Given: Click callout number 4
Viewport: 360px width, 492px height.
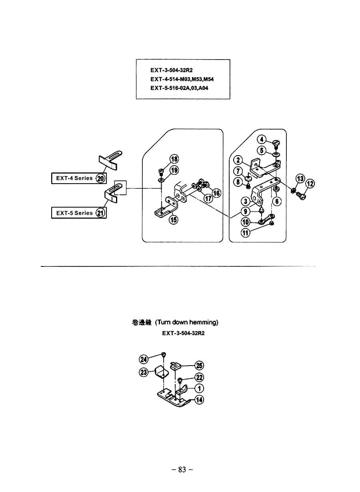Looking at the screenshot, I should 261,139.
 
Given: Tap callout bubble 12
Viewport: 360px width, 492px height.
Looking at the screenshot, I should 310,184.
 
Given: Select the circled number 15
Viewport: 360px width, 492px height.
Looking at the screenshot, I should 174,219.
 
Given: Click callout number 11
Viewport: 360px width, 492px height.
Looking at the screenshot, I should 245,232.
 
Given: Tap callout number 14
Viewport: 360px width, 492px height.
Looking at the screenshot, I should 199,400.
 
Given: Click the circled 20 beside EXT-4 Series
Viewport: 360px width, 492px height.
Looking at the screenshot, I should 101,178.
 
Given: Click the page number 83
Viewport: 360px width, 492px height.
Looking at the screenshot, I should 182,470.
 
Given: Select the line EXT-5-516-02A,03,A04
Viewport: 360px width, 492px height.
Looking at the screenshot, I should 179,88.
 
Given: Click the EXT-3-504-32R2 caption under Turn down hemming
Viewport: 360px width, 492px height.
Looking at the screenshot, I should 183,333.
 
